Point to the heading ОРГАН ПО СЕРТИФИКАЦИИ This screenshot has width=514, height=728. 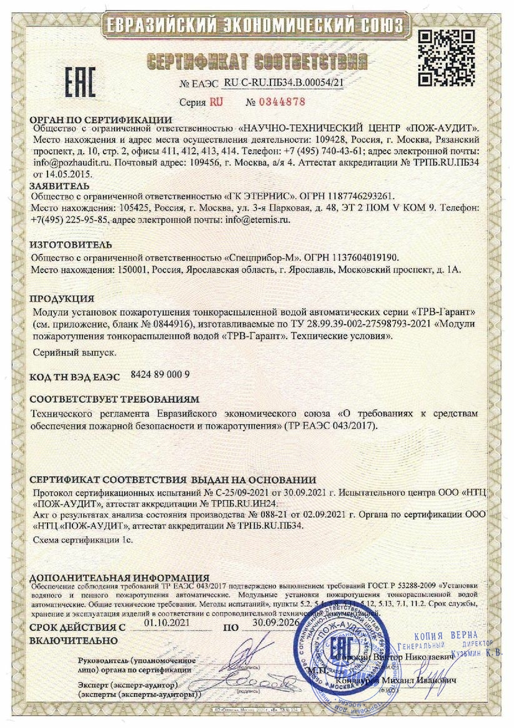(x=101, y=119)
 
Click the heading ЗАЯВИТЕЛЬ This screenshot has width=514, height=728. (x=59, y=186)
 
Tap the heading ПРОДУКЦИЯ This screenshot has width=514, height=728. (x=62, y=298)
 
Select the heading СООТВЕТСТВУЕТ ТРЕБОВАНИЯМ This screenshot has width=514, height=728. (x=114, y=398)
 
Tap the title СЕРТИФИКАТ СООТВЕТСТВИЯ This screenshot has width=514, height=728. (x=257, y=61)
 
